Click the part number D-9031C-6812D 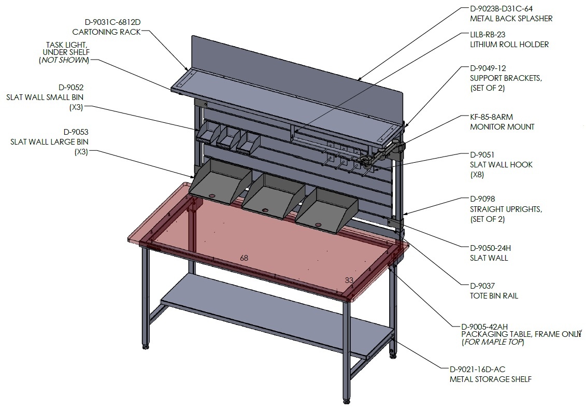pyautogui.click(x=112, y=22)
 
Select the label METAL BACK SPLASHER pyautogui.click(x=511, y=18)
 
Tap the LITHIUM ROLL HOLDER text pyautogui.click(x=509, y=44)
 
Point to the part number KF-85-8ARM pyautogui.click(x=491, y=117)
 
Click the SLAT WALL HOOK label pyautogui.click(x=501, y=164)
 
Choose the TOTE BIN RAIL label pyautogui.click(x=494, y=296)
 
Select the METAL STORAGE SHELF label pyautogui.click(x=490, y=379)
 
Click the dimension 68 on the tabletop pyautogui.click(x=244, y=258)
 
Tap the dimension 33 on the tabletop pyautogui.click(x=349, y=280)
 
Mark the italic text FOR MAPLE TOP pyautogui.click(x=493, y=342)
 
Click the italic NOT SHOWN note pyautogui.click(x=64, y=60)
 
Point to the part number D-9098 pyautogui.click(x=482, y=199)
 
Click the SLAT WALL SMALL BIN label pyautogui.click(x=45, y=97)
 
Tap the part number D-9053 pyautogui.click(x=76, y=132)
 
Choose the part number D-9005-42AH pyautogui.click(x=484, y=327)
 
